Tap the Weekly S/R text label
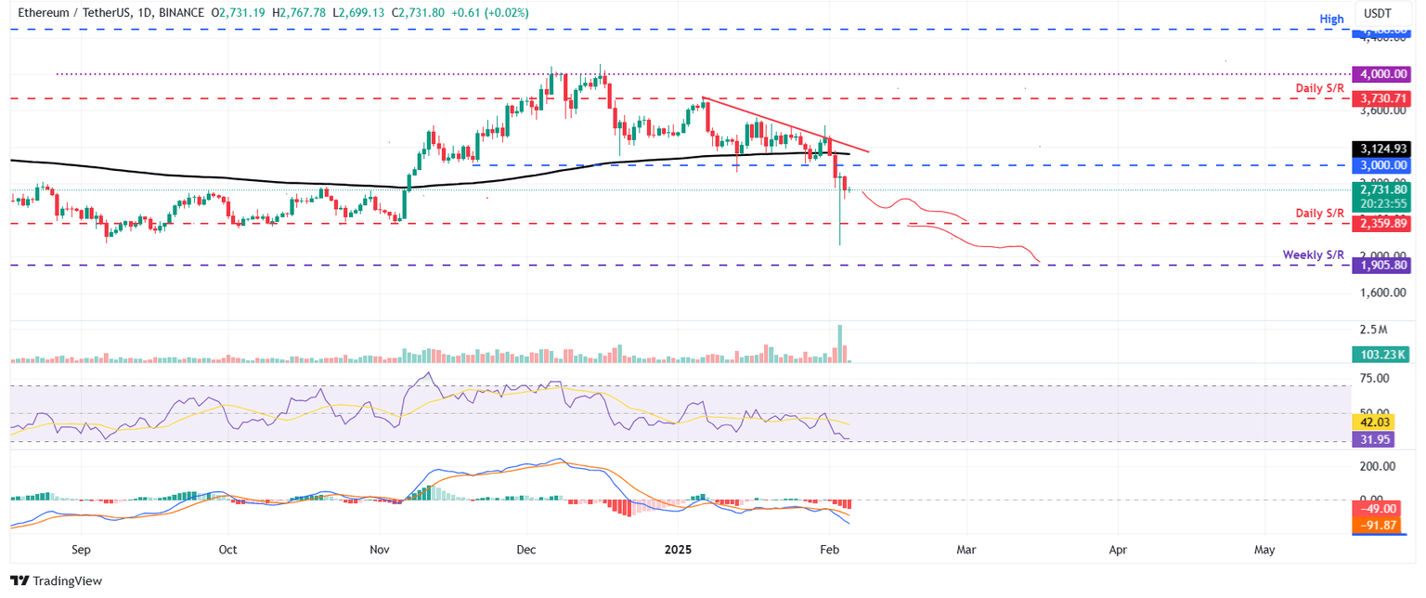click(1313, 254)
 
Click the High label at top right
click(1331, 19)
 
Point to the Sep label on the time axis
click(81, 550)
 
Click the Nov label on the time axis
click(380, 550)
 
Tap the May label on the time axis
click(1264, 550)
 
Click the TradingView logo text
click(64, 581)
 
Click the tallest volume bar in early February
click(840, 344)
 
